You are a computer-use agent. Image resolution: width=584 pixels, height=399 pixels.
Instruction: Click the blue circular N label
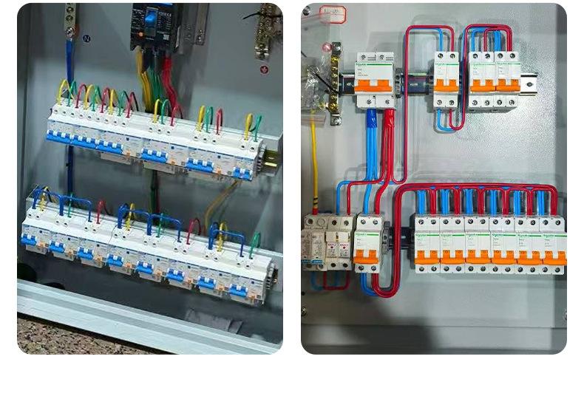[86, 38]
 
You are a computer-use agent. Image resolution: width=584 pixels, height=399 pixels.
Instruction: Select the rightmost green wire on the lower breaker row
[254, 245]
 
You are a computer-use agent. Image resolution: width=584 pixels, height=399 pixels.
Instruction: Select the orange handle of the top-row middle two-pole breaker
[446, 85]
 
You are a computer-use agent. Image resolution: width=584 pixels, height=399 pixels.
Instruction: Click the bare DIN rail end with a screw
[529, 83]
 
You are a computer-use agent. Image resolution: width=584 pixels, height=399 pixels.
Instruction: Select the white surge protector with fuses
[328, 241]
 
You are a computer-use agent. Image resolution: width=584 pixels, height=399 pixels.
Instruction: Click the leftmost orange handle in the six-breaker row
[427, 257]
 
